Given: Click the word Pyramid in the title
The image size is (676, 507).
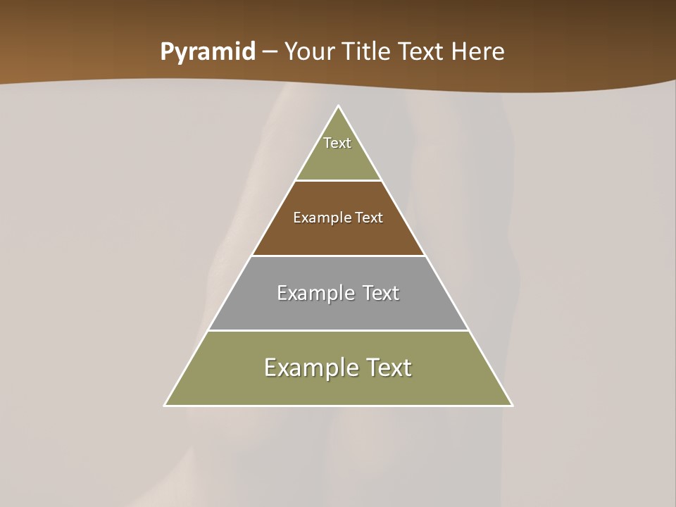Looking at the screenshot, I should tap(207, 52).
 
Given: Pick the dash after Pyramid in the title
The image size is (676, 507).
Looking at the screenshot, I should tap(269, 52).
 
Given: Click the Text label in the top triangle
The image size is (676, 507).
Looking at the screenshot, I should tap(337, 143).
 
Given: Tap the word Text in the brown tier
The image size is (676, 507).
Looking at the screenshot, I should tap(369, 218).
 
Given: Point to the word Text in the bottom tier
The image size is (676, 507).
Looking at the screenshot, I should tap(384, 368).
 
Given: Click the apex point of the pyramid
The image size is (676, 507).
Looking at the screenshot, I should tap(338, 106).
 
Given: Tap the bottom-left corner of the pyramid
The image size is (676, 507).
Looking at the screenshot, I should tap(165, 405).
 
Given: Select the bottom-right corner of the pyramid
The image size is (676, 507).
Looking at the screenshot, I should tap(511, 405).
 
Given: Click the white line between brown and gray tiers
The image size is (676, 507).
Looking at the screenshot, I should tap(338, 256).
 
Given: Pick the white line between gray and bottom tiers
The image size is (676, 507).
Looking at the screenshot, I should tap(338, 330).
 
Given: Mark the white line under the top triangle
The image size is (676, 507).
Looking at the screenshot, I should tap(338, 180).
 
